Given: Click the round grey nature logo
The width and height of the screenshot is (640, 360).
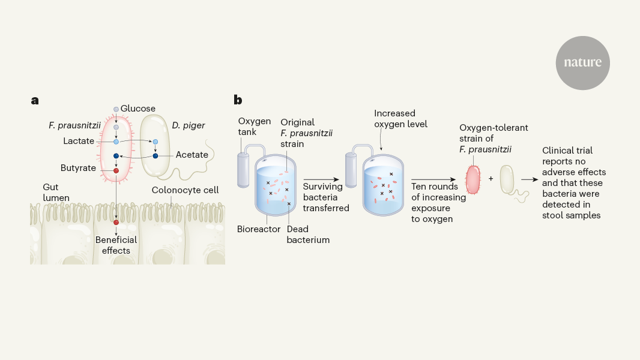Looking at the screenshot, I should click(x=582, y=63).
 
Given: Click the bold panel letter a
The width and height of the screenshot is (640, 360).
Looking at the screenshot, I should click(x=35, y=100).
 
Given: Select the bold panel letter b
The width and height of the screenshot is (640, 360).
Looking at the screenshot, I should click(x=238, y=100).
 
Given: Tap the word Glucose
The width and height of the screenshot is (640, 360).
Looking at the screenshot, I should click(x=137, y=109).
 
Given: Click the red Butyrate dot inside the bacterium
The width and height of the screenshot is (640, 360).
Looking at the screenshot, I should click(x=116, y=171).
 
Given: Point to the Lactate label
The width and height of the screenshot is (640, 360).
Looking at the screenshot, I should click(x=79, y=141).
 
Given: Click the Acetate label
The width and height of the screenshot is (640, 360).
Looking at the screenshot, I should click(x=192, y=155).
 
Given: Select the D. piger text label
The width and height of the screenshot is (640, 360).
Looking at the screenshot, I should click(x=188, y=125).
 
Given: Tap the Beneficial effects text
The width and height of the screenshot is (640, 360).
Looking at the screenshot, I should click(x=116, y=245).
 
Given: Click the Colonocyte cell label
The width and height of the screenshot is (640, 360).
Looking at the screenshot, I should click(x=185, y=190).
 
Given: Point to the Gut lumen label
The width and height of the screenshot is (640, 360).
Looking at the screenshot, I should click(x=56, y=193).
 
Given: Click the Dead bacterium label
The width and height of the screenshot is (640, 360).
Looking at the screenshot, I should click(x=308, y=235).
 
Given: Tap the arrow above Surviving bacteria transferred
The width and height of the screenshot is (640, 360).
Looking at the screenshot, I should click(x=323, y=179).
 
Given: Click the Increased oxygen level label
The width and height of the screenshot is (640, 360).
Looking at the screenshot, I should click(x=400, y=119).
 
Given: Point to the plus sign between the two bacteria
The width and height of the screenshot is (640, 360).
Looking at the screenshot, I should click(x=491, y=179).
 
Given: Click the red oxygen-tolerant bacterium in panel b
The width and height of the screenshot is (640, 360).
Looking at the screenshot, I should click(x=474, y=178).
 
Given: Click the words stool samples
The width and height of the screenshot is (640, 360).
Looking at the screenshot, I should click(x=571, y=215).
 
